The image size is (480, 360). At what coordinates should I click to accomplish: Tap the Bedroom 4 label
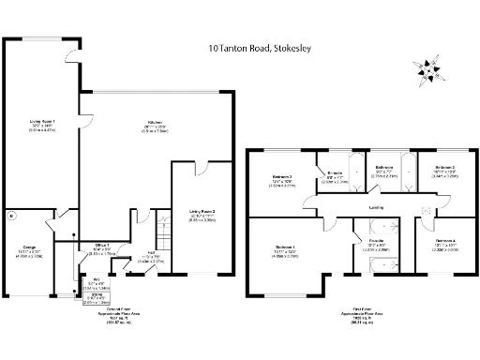(x=445, y=243)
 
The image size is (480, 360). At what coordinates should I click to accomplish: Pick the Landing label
(x=374, y=206)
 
